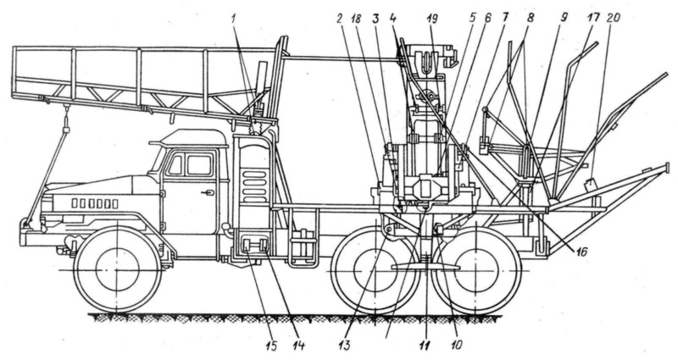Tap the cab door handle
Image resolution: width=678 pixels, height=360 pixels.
click(207, 193)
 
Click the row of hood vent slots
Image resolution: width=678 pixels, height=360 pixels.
click(93, 203)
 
